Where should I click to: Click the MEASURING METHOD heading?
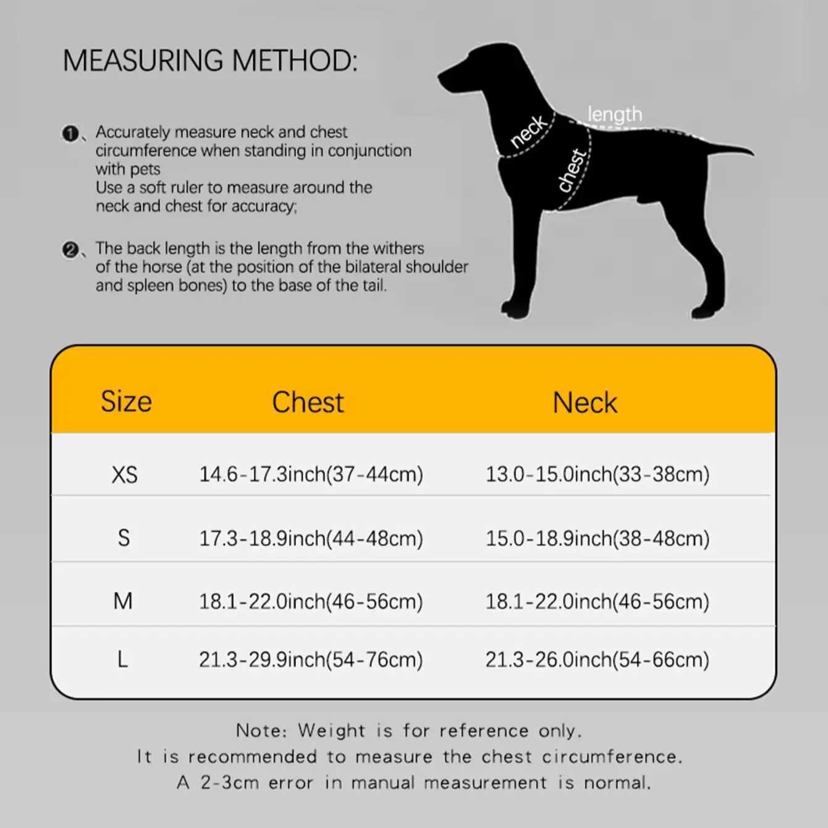[210, 61]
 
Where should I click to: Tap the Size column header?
[126, 402]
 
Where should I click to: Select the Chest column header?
[308, 402]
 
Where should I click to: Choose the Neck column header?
[585, 403]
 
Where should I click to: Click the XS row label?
[124, 475]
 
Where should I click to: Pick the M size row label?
[123, 601]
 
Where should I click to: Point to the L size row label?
[122, 660]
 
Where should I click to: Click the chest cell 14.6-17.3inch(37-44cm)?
[311, 475]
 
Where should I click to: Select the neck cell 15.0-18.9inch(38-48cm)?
[597, 538]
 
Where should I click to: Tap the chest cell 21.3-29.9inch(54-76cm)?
[311, 660]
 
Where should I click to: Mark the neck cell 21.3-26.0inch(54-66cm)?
[597, 660]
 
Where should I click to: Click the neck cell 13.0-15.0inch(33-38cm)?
[597, 475]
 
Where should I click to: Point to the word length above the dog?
[614, 114]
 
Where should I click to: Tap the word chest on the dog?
[571, 171]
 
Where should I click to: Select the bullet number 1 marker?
[70, 133]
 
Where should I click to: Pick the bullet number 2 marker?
[70, 250]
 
